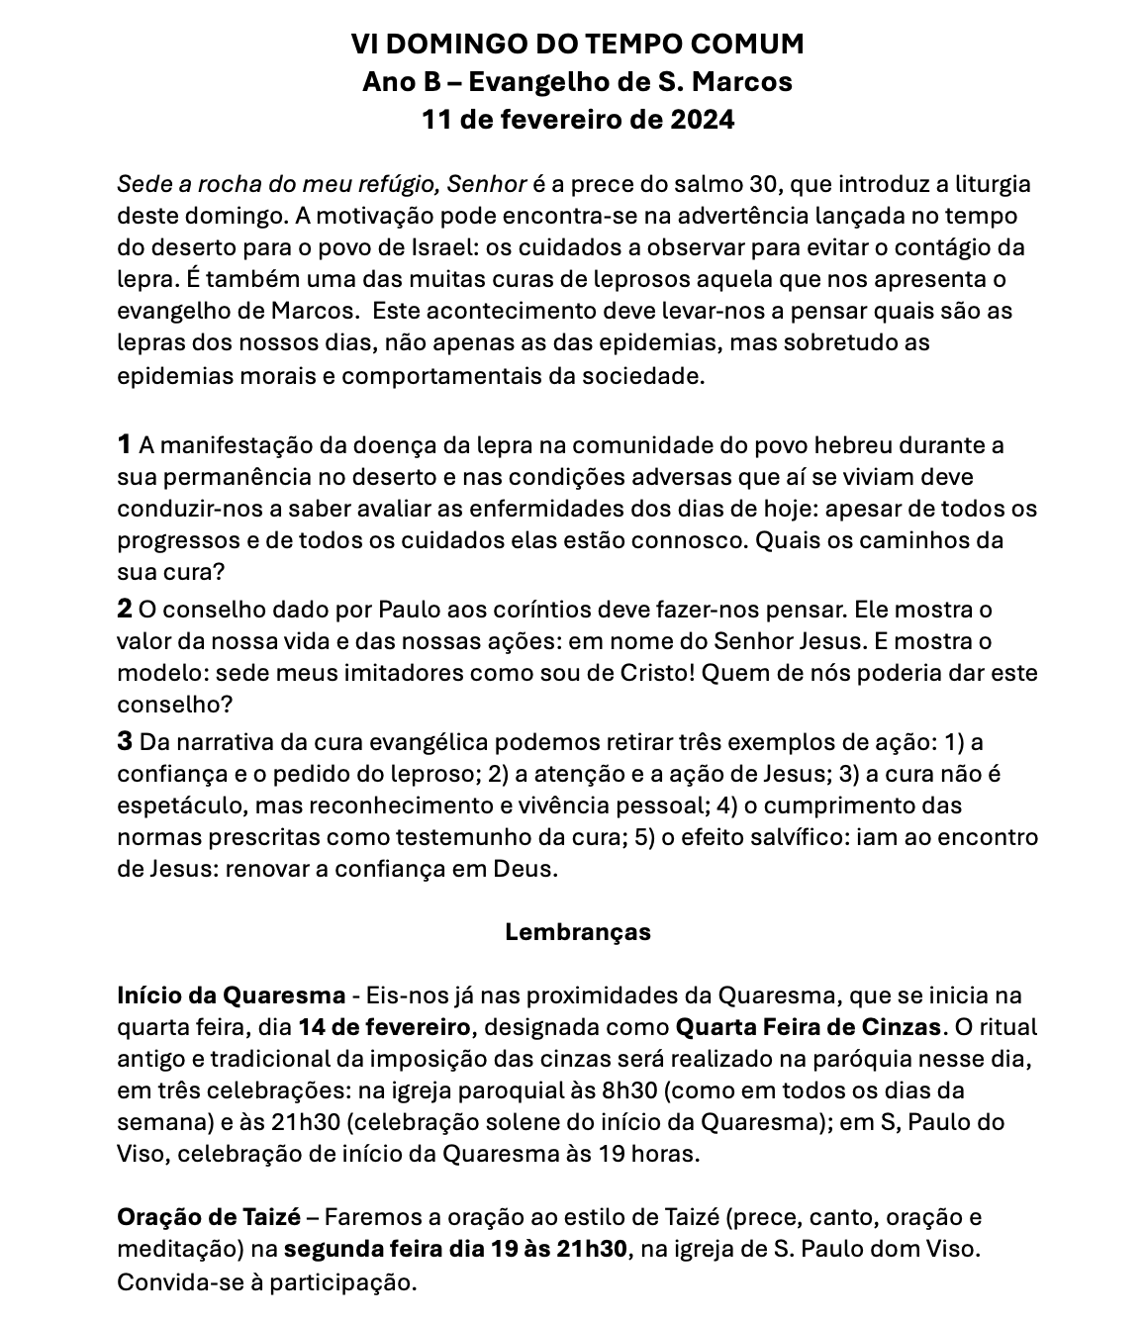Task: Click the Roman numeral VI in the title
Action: click(365, 45)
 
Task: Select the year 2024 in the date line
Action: click(703, 121)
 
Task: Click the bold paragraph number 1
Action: click(125, 445)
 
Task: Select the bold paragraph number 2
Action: click(125, 609)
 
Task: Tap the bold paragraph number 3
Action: click(125, 741)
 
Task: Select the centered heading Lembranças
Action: click(578, 932)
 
